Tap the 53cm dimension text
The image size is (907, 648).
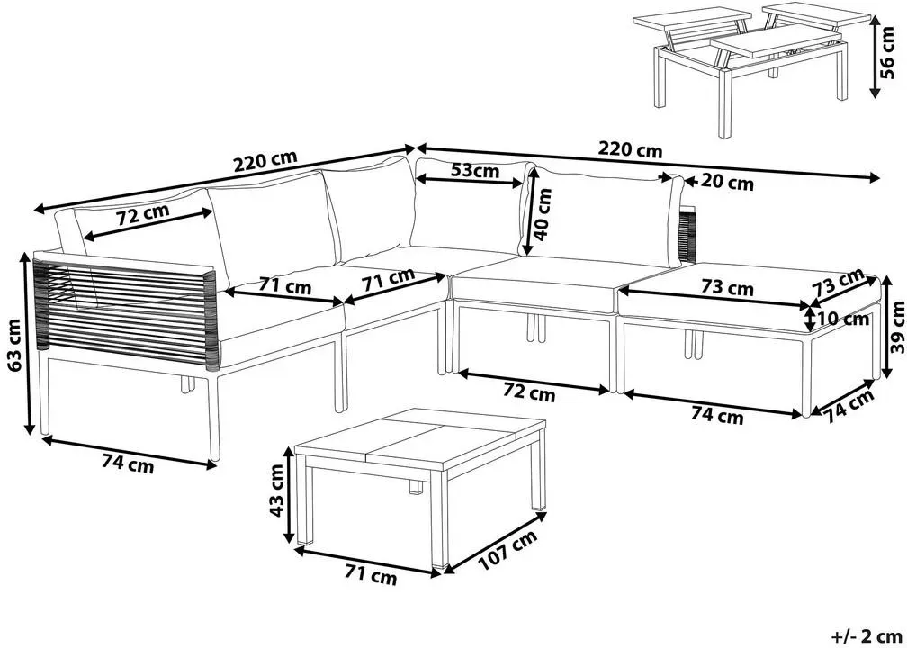point(467,171)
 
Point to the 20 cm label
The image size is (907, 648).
point(727,183)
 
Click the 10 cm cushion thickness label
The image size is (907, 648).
point(845,319)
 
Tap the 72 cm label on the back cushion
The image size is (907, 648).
point(143,216)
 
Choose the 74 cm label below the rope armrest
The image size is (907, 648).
point(128,463)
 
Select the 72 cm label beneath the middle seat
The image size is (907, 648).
point(529,394)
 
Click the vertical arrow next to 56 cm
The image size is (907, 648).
point(875,56)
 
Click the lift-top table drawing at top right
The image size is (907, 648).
point(752,69)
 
